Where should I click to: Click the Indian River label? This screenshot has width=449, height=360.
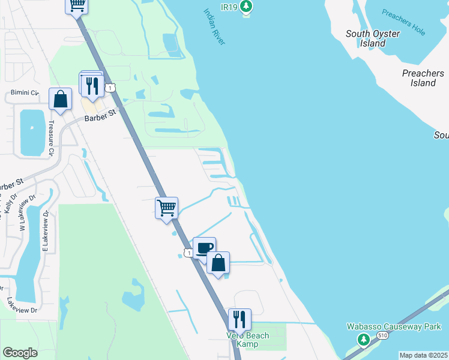tap(214, 27)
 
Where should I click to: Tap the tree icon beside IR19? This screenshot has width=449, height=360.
tap(246, 7)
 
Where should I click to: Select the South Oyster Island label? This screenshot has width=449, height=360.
tap(373, 38)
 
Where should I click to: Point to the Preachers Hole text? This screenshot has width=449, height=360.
tap(404, 22)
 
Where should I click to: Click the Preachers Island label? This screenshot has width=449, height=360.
tap(423, 78)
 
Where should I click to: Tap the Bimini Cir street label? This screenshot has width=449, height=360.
tap(25, 94)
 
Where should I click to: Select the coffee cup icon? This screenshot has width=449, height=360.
tap(204, 247)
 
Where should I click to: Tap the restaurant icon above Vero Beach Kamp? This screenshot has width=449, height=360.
tap(240, 319)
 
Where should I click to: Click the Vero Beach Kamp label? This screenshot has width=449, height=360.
tap(247, 340)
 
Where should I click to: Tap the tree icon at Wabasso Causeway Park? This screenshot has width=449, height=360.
tap(363, 340)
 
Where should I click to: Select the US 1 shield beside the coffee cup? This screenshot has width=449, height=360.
tap(189, 254)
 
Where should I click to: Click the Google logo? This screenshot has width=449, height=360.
tap(20, 353)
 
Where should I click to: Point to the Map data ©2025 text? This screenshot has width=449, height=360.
tap(423, 355)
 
